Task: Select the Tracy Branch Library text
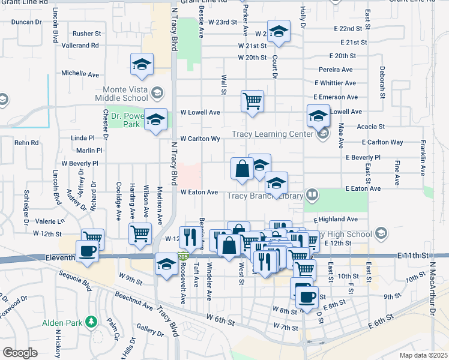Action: tap(265, 195)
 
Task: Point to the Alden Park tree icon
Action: tap(91, 322)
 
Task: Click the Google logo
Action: tap(20, 353)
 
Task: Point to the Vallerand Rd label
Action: tap(80, 46)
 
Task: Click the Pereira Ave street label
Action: tap(337, 70)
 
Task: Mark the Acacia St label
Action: tap(370, 127)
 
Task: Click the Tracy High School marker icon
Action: tap(381, 233)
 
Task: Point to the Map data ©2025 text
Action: tap(424, 355)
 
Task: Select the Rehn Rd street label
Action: tap(26, 143)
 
